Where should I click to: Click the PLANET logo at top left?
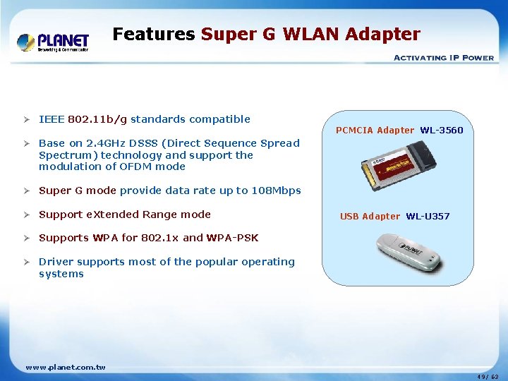(53, 42)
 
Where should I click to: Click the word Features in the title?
(154, 34)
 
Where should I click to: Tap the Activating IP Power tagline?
(443, 57)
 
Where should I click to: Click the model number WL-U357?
(427, 216)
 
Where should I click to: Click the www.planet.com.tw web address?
(65, 367)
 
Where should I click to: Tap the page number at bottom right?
(487, 377)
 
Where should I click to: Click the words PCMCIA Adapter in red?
(375, 130)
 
